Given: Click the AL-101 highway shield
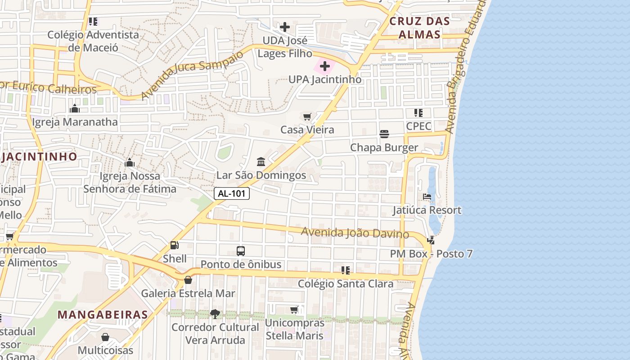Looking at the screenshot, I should pos(231,193).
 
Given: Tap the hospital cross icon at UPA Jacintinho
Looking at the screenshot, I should pos(324,66).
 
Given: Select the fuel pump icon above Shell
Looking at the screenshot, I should pos(174,245).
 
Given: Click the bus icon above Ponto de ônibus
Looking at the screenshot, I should pos(241,251).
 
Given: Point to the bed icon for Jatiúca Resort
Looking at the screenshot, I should pos(427,197).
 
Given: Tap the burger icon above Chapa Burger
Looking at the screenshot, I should pos(384,134).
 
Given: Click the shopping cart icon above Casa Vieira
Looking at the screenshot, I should pos(307,117).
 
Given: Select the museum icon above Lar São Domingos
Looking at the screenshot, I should pos(261,162).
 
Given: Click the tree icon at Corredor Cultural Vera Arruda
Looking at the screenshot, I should pos(215,314).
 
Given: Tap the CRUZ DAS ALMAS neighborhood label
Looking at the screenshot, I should pos(419,27).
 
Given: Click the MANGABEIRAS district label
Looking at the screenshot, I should pos(103,314).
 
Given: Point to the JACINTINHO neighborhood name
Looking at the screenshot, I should pos(40,157).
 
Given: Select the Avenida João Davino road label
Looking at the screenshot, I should pos(355,233).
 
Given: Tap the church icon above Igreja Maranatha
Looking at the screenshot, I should pos(75,108).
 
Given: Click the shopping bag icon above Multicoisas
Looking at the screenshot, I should pos(105,337).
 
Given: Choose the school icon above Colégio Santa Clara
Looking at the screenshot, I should pos(345,270).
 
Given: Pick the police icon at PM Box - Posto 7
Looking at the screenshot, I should pos(431,240).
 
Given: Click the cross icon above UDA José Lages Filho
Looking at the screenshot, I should pos(284,27).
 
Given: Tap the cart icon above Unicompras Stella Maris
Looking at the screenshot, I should pos(294,310).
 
